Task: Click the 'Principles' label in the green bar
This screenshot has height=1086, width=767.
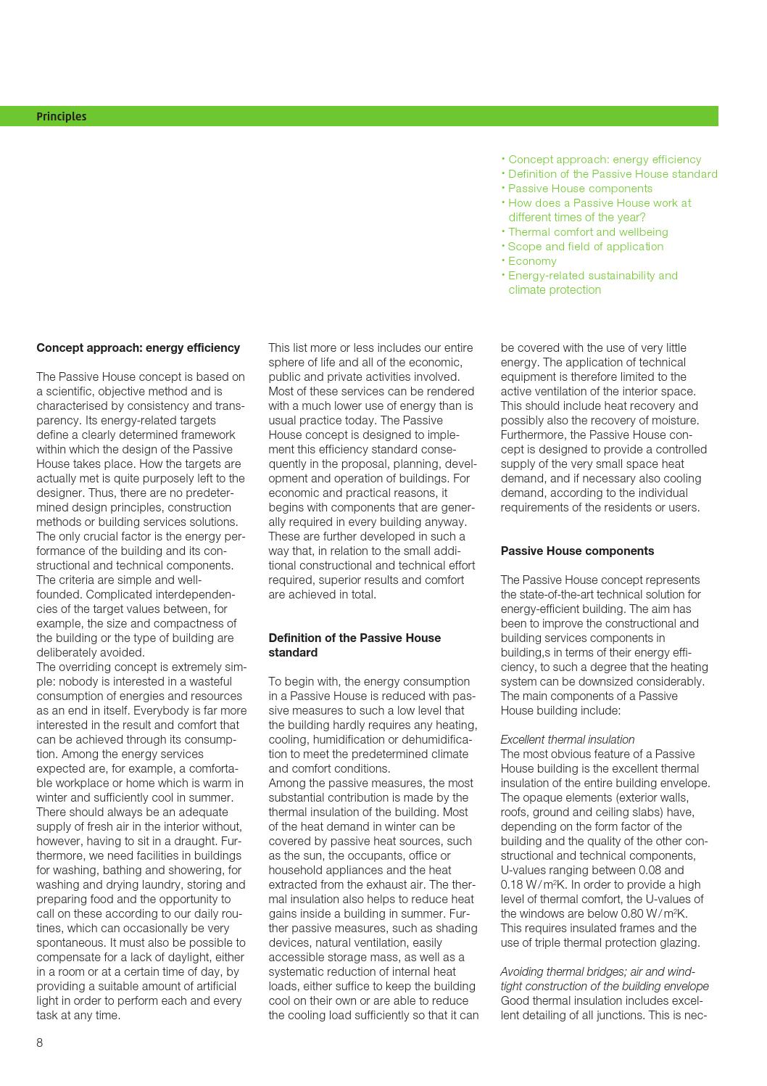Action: point(61,116)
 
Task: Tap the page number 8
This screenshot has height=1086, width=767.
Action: point(40,1042)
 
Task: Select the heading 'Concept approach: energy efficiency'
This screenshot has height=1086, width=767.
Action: point(138,347)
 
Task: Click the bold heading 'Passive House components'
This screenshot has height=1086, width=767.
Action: point(577,551)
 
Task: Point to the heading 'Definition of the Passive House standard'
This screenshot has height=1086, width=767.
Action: point(355,645)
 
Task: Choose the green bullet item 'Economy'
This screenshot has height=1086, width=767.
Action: point(532,260)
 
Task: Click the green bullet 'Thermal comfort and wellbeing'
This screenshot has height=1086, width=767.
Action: point(588,231)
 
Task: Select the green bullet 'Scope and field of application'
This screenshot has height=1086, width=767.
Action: point(585,246)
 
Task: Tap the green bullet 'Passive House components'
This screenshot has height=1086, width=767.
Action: point(580,188)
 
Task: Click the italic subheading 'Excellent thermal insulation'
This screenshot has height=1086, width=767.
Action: point(567,739)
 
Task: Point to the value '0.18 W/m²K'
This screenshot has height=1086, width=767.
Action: point(529,884)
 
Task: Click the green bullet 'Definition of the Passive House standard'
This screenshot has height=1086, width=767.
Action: point(613,173)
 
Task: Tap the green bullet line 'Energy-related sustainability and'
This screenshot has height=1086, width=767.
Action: point(592,275)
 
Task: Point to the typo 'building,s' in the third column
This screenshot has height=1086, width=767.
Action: point(526,652)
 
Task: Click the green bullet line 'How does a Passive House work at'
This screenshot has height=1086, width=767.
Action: point(600,202)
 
